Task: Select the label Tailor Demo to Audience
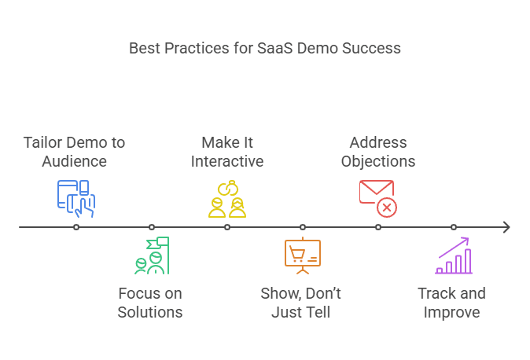click(74, 152)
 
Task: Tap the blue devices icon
click(75, 198)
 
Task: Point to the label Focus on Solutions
click(150, 303)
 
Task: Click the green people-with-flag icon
click(151, 255)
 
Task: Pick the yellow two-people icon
click(227, 198)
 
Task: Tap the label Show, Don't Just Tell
click(301, 303)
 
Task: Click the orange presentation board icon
click(302, 255)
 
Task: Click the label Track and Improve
click(451, 303)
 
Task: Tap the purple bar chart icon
click(454, 255)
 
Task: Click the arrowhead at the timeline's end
click(506, 227)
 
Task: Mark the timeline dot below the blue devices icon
click(76, 227)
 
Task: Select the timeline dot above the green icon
click(152, 227)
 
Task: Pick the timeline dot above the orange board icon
click(303, 227)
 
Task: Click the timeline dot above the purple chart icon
click(454, 227)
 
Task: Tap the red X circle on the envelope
click(387, 208)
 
